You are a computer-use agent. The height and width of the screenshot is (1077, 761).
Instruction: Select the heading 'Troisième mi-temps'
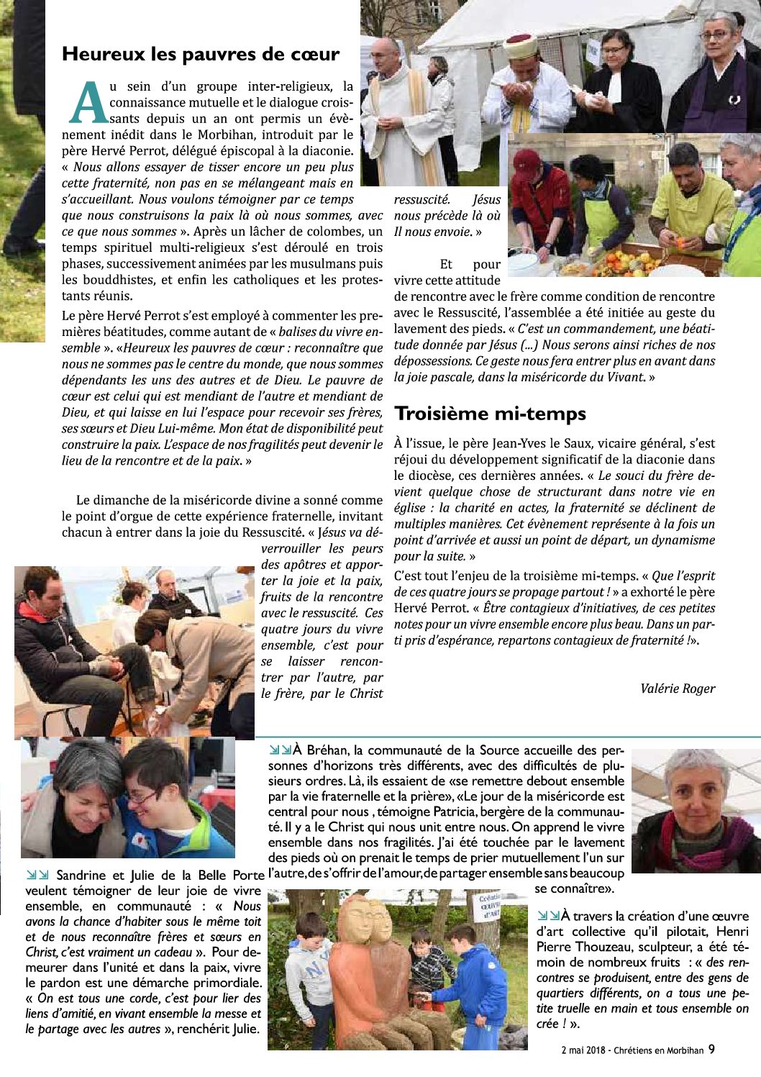click(x=490, y=414)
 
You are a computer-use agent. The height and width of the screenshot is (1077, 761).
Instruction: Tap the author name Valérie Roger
click(x=678, y=689)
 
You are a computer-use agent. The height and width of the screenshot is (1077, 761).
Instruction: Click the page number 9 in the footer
click(x=711, y=1049)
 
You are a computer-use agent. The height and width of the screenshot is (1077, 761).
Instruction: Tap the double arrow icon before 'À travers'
click(x=548, y=916)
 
